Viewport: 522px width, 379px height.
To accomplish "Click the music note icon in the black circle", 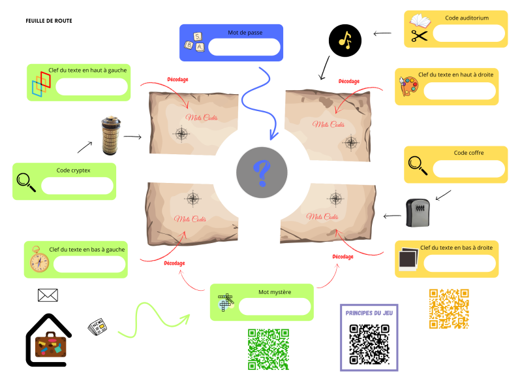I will (x=345, y=41).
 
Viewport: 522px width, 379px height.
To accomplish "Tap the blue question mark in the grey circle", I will (x=262, y=173).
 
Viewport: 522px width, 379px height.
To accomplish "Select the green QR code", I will (x=268, y=348).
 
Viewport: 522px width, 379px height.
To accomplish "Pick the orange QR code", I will (x=449, y=308).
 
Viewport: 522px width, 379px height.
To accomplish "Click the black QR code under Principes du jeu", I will (x=369, y=343).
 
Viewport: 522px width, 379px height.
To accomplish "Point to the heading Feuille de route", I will (x=49, y=21).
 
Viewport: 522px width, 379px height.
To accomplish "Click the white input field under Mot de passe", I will (x=244, y=47).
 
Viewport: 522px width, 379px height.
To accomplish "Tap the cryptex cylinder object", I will (x=110, y=136).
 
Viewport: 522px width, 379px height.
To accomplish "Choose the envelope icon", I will (x=48, y=295).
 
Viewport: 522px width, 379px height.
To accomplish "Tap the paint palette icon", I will (x=409, y=86).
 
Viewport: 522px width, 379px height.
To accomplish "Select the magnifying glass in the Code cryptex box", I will (x=26, y=182).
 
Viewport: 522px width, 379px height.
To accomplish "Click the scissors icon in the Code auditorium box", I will (x=419, y=37).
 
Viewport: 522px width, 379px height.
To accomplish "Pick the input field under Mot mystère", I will (x=275, y=306).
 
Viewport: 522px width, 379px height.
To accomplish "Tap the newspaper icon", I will (x=98, y=326).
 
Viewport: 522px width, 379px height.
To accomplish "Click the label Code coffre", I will (x=468, y=153).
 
